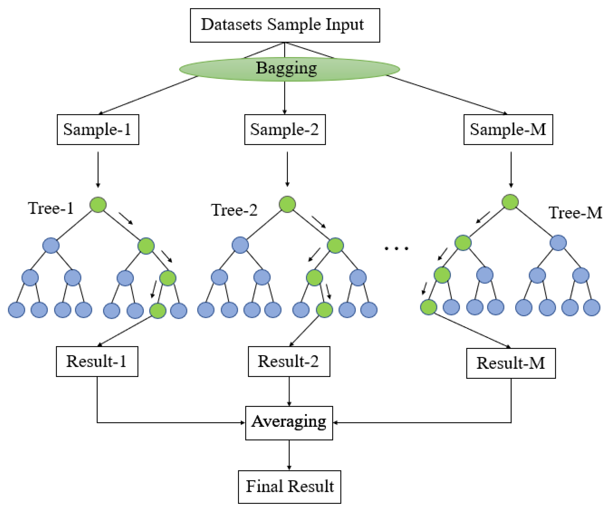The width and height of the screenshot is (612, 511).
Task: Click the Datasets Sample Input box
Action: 285,25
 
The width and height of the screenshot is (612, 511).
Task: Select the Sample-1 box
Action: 98,130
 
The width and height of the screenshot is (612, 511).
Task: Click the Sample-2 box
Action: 285,130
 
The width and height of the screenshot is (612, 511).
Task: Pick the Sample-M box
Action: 508,130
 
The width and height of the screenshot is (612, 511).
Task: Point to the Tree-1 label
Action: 51,208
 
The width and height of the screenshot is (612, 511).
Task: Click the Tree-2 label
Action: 234,210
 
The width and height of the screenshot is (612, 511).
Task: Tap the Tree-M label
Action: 575,213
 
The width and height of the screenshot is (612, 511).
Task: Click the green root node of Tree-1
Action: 98,205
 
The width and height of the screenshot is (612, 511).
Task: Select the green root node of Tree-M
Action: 510,202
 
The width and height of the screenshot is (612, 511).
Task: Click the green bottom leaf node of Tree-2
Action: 324,310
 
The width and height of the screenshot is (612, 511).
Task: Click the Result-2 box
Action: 289,362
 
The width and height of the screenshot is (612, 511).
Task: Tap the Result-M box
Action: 511,363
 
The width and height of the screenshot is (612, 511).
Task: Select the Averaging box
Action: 289,423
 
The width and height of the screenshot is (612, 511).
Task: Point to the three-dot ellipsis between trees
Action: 396,248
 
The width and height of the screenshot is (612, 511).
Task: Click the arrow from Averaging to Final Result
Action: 289,455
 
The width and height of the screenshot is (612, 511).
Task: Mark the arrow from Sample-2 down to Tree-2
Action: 287,169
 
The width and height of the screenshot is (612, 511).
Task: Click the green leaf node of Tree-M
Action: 428,307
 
